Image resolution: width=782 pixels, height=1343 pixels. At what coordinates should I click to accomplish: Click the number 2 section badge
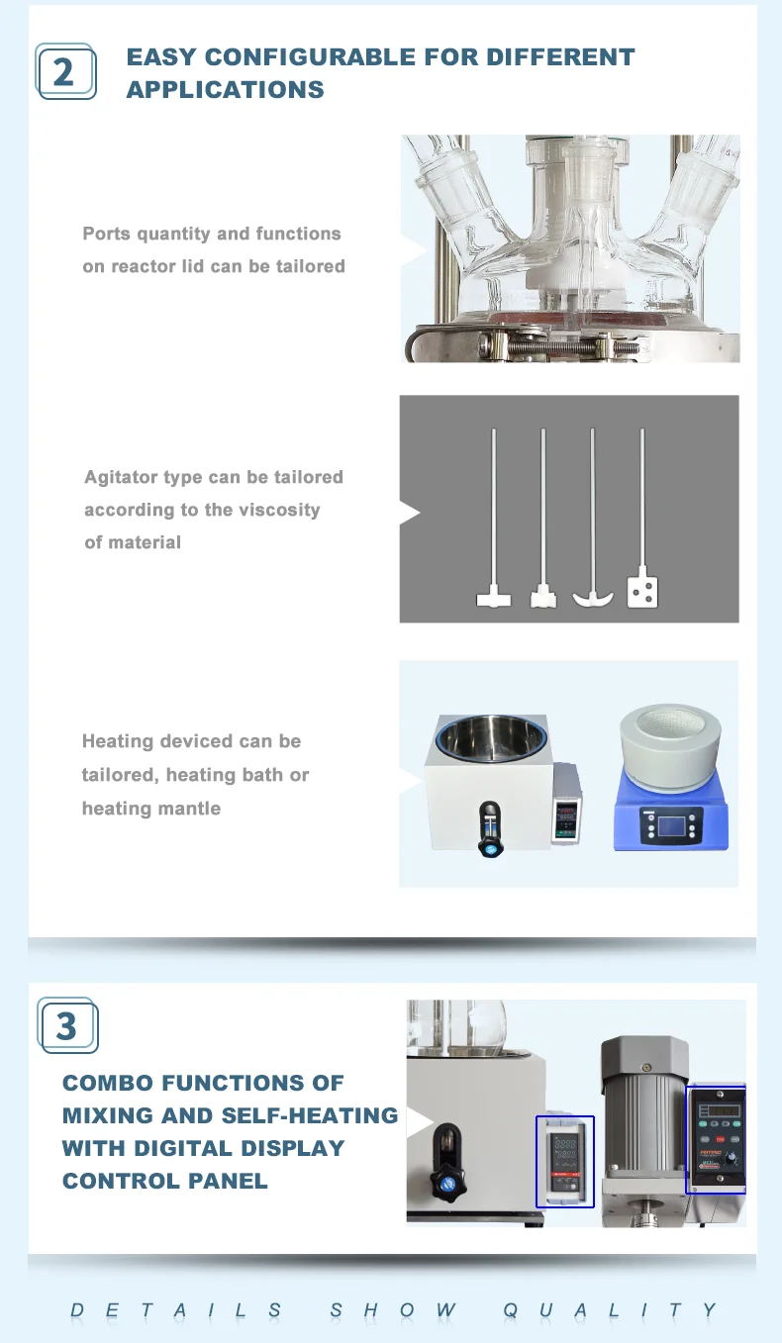66,71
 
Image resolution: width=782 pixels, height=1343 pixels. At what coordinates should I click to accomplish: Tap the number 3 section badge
67,1025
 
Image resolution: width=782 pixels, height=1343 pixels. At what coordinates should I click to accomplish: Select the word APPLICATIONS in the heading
226,90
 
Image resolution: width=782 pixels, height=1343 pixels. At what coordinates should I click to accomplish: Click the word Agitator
121,477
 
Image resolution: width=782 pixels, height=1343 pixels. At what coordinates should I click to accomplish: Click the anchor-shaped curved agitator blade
592,597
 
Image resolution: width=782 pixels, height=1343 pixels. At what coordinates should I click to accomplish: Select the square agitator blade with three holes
642,591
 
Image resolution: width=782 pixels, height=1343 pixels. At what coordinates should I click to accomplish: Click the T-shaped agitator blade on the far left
492,598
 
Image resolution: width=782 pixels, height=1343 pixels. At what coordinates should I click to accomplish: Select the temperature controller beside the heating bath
566,803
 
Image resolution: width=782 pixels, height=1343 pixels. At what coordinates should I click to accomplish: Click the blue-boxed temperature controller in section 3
565,1161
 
